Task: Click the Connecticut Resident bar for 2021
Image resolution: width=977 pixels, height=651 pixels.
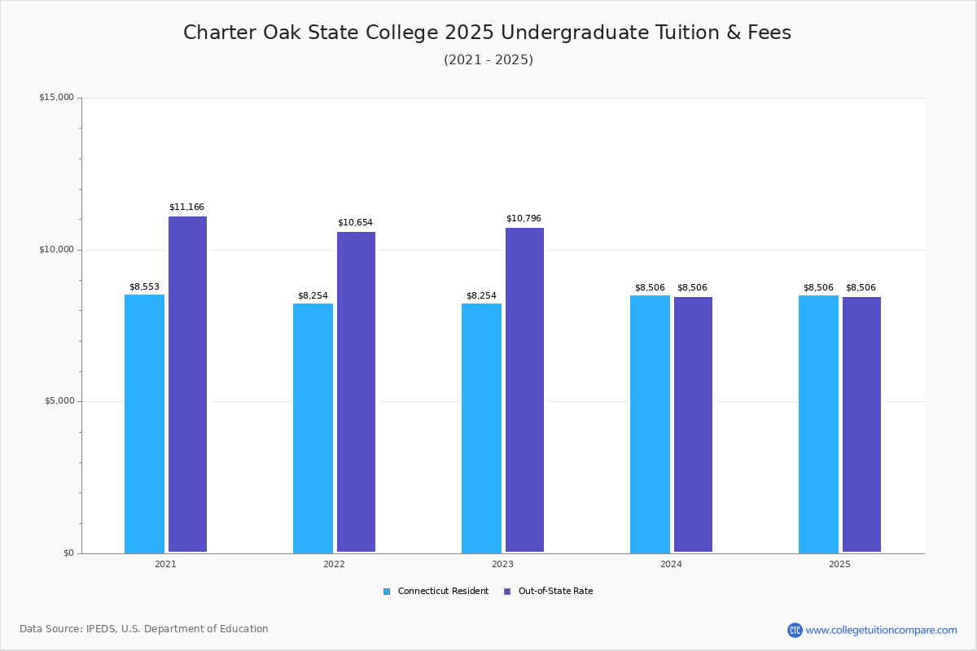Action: [x=144, y=423]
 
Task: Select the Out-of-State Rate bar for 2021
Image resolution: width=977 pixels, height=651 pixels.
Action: [x=187, y=384]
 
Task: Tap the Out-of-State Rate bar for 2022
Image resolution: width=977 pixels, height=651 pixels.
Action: [x=356, y=391]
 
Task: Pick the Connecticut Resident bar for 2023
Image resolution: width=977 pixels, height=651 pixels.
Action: [x=481, y=428]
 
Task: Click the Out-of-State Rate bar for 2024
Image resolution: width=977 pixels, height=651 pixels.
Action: [x=693, y=424]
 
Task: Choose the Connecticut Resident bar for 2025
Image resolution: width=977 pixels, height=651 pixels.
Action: [x=818, y=424]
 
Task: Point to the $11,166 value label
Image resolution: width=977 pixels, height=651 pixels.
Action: [x=186, y=208]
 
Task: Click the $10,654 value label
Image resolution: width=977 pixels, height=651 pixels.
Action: [x=355, y=223]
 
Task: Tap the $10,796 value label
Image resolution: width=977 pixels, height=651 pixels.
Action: [x=524, y=219]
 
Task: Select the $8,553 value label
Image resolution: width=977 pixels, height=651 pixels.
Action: [x=144, y=287]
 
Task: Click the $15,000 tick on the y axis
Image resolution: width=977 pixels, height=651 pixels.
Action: [x=56, y=98]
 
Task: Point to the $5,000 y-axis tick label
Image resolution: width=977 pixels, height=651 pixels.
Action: [x=59, y=401]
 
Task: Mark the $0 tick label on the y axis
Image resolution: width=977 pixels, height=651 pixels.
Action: [x=68, y=553]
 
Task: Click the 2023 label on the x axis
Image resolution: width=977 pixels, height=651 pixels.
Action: [x=502, y=564]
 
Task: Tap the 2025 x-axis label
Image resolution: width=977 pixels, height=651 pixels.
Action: [x=839, y=564]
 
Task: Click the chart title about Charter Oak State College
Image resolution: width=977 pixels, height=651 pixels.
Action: [x=487, y=33]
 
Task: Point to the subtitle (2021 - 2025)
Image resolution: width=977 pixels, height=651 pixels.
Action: [x=488, y=60]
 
